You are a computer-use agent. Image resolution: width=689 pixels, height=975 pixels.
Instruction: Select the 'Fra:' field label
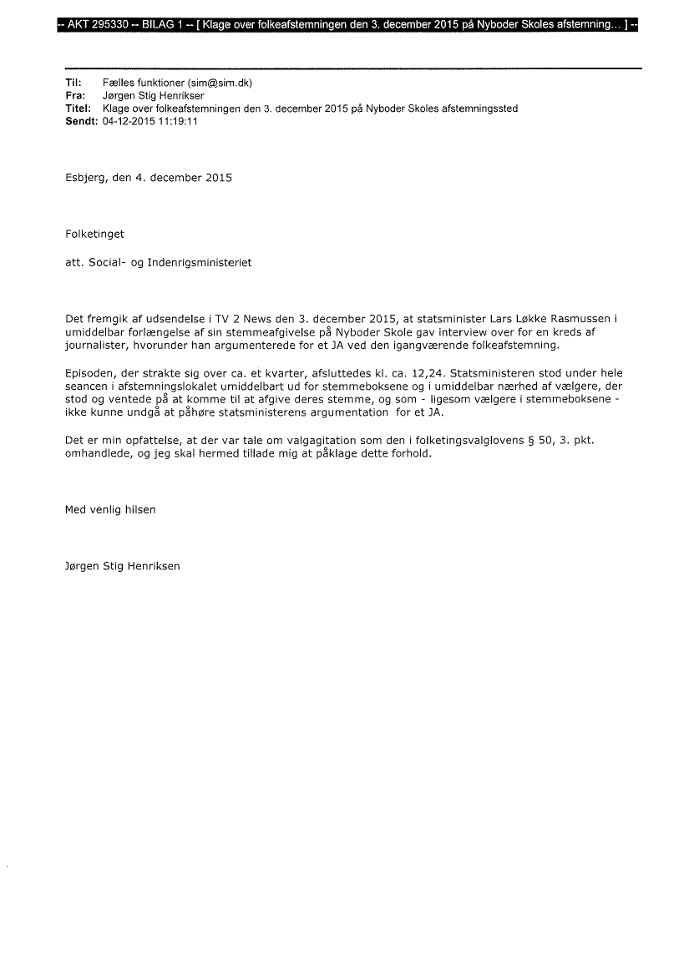pyautogui.click(x=73, y=96)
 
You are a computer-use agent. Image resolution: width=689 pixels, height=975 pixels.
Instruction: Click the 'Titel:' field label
pyautogui.click(x=77, y=109)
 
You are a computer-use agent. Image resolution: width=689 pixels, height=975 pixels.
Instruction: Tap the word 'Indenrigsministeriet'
pyautogui.click(x=199, y=262)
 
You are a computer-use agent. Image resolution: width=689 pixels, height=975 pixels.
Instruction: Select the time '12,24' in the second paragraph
pyautogui.click(x=428, y=372)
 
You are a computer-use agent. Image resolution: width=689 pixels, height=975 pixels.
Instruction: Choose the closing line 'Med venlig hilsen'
pyautogui.click(x=110, y=509)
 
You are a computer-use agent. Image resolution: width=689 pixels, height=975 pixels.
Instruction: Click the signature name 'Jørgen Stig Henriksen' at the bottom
pyautogui.click(x=122, y=566)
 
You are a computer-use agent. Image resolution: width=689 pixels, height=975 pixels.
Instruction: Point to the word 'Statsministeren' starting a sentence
pyautogui.click(x=489, y=372)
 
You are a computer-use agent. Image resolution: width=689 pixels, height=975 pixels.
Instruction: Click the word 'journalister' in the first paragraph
pyautogui.click(x=96, y=345)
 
